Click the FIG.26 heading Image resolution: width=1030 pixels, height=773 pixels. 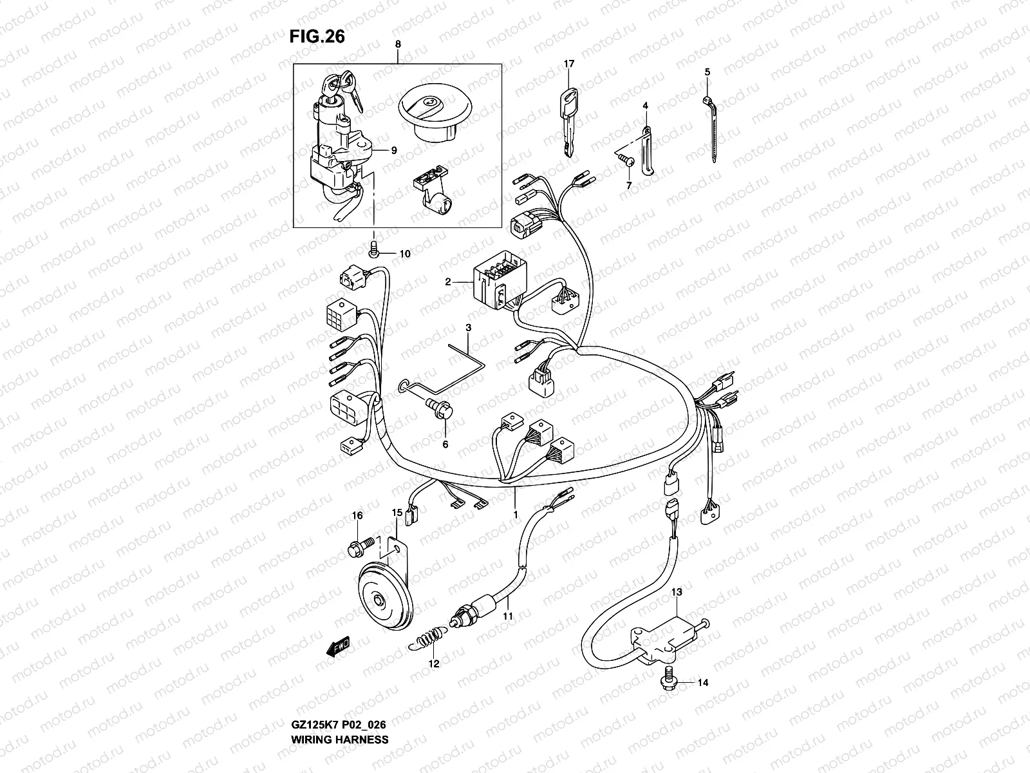pyautogui.click(x=317, y=37)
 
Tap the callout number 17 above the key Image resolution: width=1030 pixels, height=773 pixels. pyautogui.click(x=568, y=64)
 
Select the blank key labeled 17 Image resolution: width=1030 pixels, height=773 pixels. pyautogui.click(x=566, y=122)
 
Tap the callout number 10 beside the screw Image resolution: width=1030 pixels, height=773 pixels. pyautogui.click(x=404, y=254)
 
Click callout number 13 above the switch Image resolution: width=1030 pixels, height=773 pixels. pyautogui.click(x=678, y=591)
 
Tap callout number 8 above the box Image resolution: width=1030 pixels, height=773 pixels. pyautogui.click(x=397, y=44)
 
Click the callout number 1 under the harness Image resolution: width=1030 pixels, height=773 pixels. pyautogui.click(x=515, y=514)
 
